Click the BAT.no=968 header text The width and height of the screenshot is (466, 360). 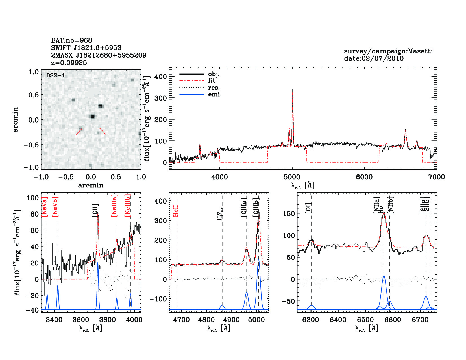(71, 40)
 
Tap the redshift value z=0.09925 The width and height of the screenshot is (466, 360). (69, 63)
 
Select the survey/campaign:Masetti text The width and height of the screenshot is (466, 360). (388, 51)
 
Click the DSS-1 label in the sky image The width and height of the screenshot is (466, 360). (55, 76)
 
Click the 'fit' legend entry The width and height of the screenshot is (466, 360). (212, 81)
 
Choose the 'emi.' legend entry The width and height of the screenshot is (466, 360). (215, 94)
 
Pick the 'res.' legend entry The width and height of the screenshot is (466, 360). (214, 88)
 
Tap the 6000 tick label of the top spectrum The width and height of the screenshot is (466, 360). (364, 177)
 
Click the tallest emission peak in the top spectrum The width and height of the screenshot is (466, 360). (293, 89)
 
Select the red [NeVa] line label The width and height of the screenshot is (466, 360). (44, 207)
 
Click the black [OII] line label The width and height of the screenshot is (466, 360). (95, 210)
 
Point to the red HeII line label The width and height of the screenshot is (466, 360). (176, 211)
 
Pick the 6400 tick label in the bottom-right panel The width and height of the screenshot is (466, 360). (338, 320)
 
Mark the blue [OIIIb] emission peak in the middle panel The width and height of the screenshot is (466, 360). (258, 260)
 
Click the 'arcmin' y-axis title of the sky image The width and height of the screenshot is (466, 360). (16, 120)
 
